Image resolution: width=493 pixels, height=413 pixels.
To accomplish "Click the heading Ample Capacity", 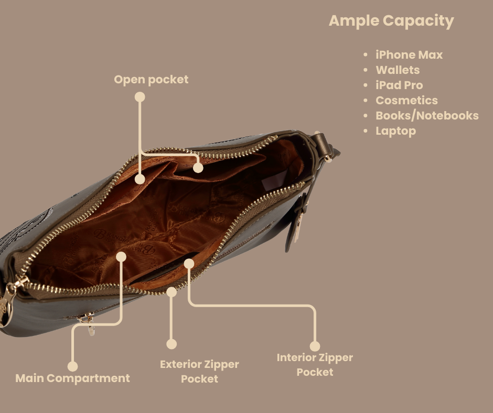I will pos(391,21).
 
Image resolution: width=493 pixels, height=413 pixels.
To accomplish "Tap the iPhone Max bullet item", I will pos(409,55).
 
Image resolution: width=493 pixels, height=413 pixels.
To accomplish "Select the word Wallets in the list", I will pos(397,70).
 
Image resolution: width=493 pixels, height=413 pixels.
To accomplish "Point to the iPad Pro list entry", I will pos(399,85).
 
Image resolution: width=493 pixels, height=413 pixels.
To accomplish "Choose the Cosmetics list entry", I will pos(406,100).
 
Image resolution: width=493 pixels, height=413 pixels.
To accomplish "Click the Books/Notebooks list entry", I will pos(426,115).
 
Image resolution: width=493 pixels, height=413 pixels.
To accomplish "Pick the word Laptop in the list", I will pos(395,131).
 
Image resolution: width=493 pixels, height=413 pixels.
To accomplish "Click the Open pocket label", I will pos(151,80).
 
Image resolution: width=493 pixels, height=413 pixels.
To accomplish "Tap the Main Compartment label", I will pos(72,378).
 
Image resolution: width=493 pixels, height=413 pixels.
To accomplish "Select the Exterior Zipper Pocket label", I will pos(199,371).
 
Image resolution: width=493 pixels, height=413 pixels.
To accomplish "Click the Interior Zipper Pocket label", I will pos(315,364).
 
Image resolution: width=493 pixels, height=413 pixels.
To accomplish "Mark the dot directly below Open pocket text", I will pos(140,97).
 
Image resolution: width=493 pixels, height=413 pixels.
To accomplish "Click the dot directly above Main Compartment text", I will pos(72,366).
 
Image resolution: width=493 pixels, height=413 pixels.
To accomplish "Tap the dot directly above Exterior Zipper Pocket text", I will pos(172,344).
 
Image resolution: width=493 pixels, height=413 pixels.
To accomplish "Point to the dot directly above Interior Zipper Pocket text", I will pos(315,346).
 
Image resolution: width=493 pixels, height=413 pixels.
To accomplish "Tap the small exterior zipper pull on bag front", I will pos(90,324).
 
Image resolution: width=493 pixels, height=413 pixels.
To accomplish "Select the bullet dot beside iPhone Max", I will pos(366,55).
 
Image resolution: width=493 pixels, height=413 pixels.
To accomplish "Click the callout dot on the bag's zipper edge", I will pos(172,292).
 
